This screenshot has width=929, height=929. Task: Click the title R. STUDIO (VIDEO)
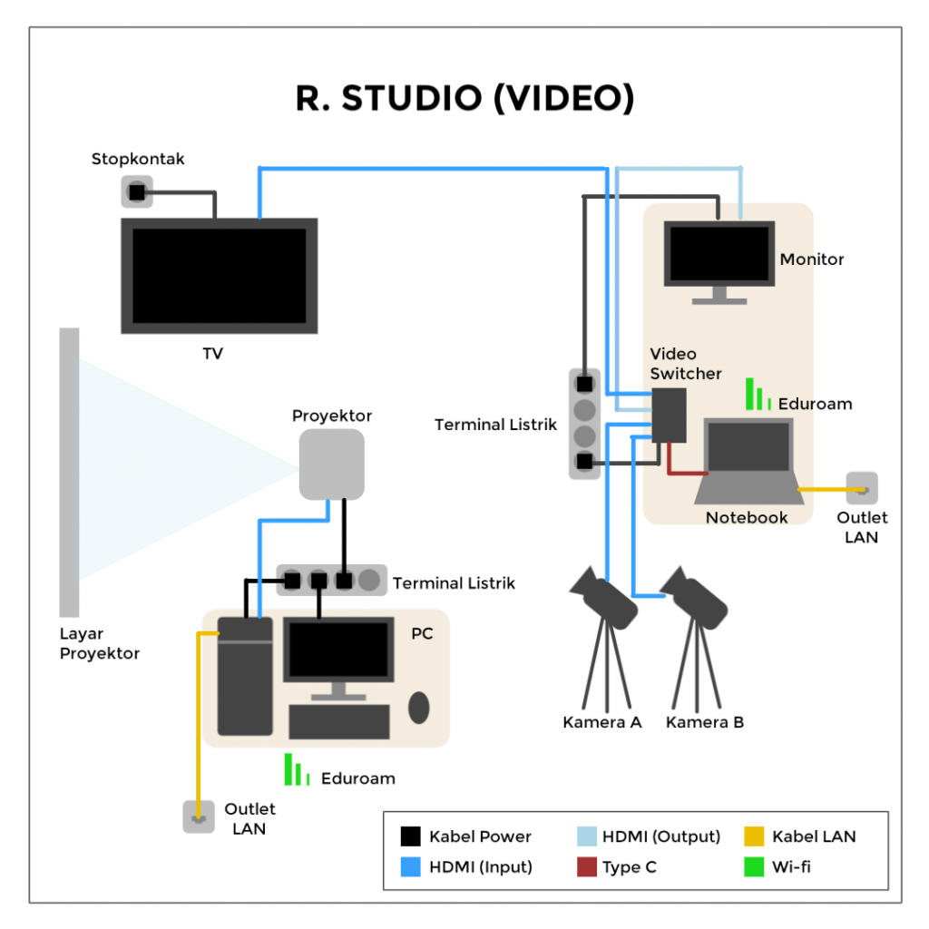(464, 98)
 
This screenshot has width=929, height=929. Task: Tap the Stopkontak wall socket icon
(137, 192)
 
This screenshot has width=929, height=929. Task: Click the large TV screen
(220, 276)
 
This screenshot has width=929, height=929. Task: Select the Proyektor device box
(332, 464)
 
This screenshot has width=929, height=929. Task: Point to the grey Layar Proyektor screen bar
(69, 472)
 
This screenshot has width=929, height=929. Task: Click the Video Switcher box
(669, 415)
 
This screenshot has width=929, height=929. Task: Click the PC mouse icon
(418, 708)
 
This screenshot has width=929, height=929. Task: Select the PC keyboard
(338, 721)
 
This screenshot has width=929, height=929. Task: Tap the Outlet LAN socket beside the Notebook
(861, 489)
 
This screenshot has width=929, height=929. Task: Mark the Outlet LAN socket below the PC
(198, 817)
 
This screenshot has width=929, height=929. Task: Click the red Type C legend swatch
(587, 867)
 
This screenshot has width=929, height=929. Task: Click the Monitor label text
(812, 259)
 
